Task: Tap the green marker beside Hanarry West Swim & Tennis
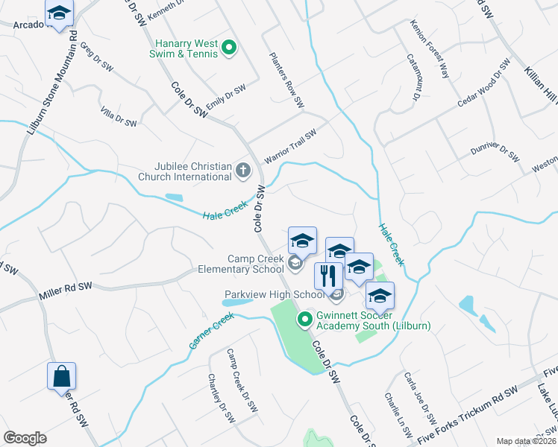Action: pos(230,49)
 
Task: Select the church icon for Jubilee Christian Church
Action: pos(242,171)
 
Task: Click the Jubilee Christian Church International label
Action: pos(185,171)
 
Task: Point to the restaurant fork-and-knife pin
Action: pos(327,276)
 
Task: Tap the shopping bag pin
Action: pos(61,376)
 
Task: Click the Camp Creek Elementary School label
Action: pos(241,263)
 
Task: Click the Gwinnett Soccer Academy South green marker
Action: pos(304,320)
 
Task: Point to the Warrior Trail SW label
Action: pos(290,147)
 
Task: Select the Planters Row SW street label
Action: pos(286,80)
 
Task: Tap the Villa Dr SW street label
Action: pos(119,116)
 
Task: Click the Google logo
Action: pos(25,438)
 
